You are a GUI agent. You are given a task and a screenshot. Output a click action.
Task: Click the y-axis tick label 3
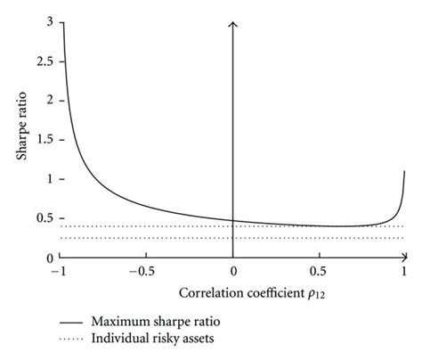coord(49,20)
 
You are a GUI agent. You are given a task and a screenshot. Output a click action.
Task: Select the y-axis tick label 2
coord(49,99)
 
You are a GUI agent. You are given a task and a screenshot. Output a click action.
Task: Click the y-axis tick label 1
coord(49,178)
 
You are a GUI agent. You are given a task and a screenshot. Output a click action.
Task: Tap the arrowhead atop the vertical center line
coord(232,22)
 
